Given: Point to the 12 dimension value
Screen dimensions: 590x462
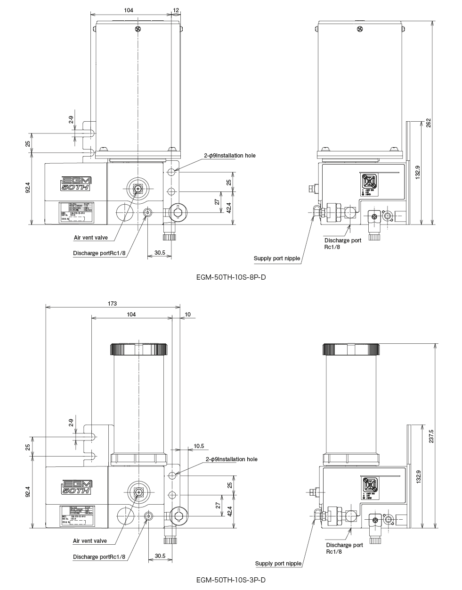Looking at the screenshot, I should [x=176, y=10].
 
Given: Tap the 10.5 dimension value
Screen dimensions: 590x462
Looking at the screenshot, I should [x=198, y=446].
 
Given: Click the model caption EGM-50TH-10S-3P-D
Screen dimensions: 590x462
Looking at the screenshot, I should [x=231, y=579].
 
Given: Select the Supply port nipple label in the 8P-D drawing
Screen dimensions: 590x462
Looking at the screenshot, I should [x=277, y=258].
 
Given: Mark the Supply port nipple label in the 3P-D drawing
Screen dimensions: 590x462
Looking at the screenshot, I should [x=278, y=563].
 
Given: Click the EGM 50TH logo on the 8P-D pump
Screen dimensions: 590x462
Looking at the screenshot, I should [x=76, y=183].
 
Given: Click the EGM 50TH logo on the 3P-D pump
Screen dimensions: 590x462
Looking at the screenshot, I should [x=76, y=487].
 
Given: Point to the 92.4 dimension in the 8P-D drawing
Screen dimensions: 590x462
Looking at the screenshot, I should [x=28, y=188].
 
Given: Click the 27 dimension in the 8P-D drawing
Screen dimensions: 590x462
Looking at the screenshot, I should [x=216, y=202].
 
